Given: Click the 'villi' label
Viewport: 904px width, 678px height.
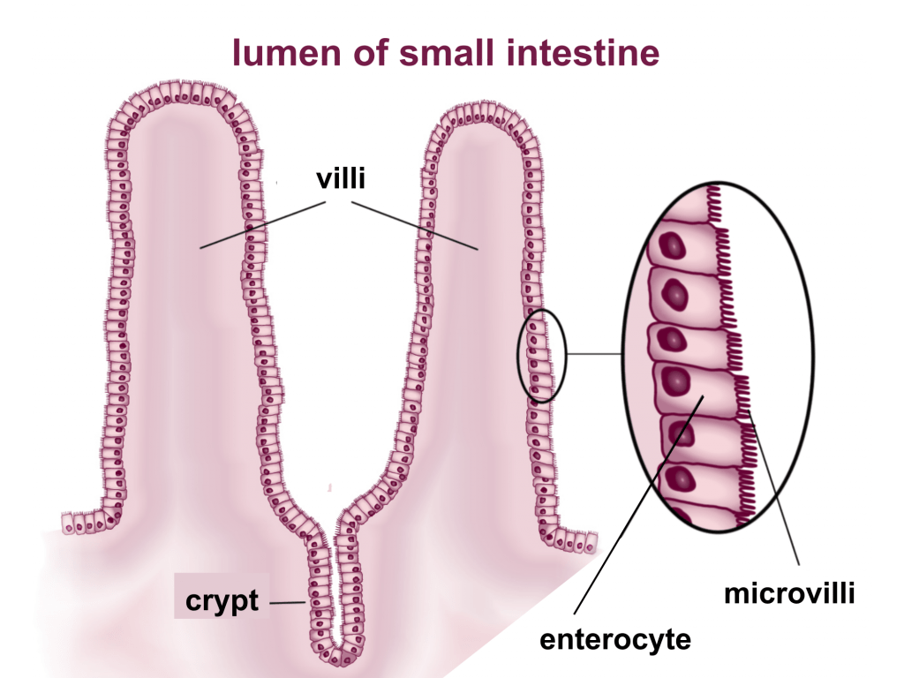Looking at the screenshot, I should (341, 180).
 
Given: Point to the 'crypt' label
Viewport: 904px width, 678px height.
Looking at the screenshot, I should (222, 601).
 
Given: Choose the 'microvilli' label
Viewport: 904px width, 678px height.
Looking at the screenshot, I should (789, 593).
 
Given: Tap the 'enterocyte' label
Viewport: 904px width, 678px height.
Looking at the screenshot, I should (614, 638).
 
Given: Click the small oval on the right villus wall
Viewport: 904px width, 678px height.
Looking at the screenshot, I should (539, 356).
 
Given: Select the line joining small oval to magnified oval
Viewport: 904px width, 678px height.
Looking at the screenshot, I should (593, 355).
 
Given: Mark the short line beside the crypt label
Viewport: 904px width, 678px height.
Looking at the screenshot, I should (286, 603).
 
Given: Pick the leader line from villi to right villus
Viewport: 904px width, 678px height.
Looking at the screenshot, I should (415, 226).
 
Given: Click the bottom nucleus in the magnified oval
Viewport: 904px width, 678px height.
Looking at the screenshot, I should (682, 479).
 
